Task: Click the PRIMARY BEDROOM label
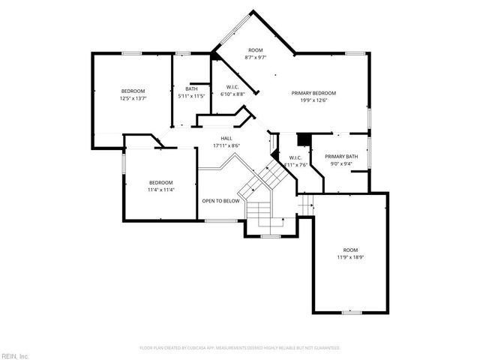[313, 93]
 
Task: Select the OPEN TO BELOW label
[220, 201]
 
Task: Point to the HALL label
[222, 138]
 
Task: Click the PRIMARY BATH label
[340, 157]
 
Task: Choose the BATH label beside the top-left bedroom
[192, 89]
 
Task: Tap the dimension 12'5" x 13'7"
[133, 97]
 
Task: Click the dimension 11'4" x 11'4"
[161, 190]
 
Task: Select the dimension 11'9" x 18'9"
[350, 257]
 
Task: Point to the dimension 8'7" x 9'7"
[256, 57]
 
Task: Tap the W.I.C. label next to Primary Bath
[295, 157]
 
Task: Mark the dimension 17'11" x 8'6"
[222, 145]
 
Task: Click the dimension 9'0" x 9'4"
[340, 163]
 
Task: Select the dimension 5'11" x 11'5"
[192, 96]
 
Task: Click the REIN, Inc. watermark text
[14, 355]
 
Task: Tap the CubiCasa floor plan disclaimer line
[240, 348]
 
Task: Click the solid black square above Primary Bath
[304, 139]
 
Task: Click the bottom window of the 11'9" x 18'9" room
[351, 311]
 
